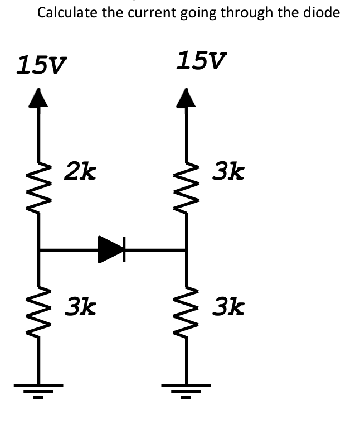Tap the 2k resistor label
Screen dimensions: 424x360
[80, 171]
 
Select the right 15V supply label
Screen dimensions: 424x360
[201, 61]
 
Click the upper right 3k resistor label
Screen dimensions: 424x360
[228, 171]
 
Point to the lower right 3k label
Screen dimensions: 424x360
[228, 307]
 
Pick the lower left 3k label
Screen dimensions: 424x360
[80, 307]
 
